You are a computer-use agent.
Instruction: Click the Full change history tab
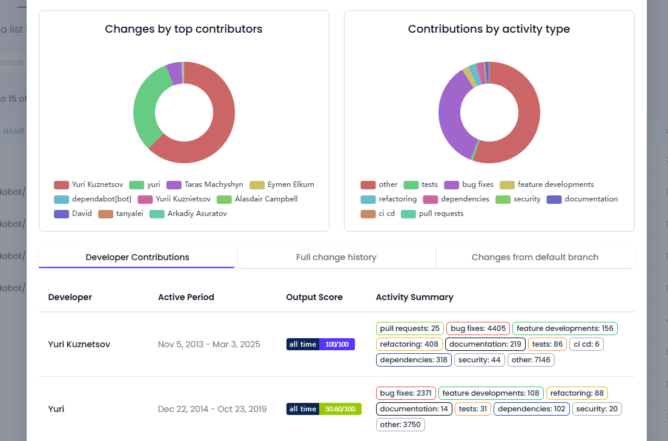pyautogui.click(x=336, y=257)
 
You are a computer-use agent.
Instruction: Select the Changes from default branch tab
pyautogui.click(x=535, y=257)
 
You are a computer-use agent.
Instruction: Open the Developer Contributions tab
pyautogui.click(x=137, y=257)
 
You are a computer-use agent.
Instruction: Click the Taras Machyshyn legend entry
pyautogui.click(x=205, y=185)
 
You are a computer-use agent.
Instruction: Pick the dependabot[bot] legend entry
pyautogui.click(x=93, y=199)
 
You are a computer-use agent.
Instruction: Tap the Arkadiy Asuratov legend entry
pyautogui.click(x=188, y=214)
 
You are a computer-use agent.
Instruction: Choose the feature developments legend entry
pyautogui.click(x=547, y=185)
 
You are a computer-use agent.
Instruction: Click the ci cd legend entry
pyautogui.click(x=378, y=214)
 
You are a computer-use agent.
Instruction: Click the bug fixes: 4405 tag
pyautogui.click(x=478, y=328)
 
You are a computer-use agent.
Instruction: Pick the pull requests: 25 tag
pyautogui.click(x=410, y=328)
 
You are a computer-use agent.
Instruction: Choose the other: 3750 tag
pyautogui.click(x=400, y=425)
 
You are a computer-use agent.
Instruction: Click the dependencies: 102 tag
pyautogui.click(x=532, y=409)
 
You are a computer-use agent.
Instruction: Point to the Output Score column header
pyautogui.click(x=314, y=297)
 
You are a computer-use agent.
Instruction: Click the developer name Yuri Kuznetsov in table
pyautogui.click(x=79, y=344)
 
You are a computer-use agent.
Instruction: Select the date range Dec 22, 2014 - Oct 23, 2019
pyautogui.click(x=212, y=409)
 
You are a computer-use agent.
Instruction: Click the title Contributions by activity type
pyautogui.click(x=489, y=29)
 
